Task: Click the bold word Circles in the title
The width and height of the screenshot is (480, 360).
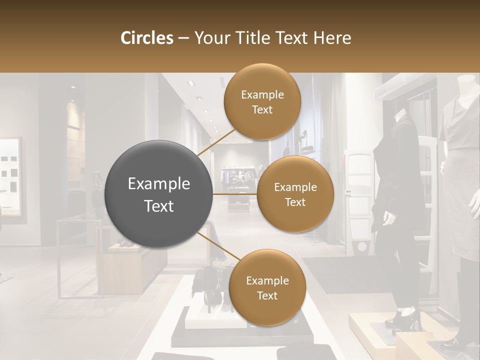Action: (x=147, y=38)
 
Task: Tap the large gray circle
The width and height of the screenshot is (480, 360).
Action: (x=159, y=194)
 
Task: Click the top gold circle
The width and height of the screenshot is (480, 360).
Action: (x=262, y=101)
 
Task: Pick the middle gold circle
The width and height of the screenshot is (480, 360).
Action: (x=295, y=194)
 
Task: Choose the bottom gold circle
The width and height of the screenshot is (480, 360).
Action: (x=267, y=287)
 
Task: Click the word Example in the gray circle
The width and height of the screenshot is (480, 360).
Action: (x=159, y=184)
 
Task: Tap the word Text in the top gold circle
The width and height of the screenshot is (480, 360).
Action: (x=262, y=109)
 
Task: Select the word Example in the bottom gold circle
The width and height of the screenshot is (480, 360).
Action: (x=267, y=280)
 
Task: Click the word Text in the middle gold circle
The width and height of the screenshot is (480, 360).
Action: (x=295, y=202)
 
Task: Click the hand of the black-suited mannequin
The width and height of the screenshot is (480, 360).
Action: (x=388, y=219)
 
